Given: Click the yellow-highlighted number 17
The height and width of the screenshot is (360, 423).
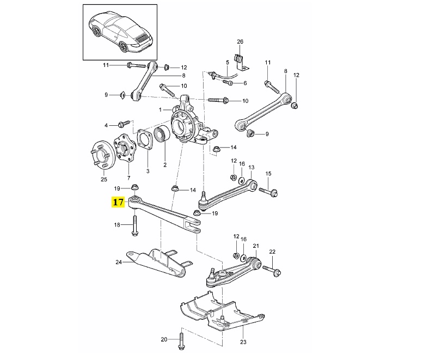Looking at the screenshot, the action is click(118, 202).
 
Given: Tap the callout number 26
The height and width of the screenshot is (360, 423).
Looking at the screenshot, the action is click(240, 41).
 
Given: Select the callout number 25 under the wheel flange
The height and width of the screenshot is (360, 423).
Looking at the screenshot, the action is click(104, 179).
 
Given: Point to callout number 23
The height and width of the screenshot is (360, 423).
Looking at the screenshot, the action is click(243, 342).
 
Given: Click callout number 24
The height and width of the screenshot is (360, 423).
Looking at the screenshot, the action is click(119, 262).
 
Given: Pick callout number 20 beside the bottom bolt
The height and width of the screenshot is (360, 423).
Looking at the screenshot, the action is click(164, 339).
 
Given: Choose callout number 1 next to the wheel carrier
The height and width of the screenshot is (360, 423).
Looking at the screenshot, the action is click(160, 110).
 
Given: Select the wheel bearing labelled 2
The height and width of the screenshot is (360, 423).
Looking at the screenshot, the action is click(162, 135).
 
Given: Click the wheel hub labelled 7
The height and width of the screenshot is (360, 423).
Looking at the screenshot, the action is click(123, 149).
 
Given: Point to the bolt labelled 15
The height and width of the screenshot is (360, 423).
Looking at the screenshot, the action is click(268, 192).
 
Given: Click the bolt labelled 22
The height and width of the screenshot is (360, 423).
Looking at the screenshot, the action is click(272, 270).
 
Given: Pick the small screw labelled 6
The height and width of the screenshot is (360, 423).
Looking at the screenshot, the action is click(228, 83).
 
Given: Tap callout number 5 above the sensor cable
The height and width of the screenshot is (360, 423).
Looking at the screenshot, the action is click(228, 63).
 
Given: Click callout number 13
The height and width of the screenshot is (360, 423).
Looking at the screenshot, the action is click(251, 168).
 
